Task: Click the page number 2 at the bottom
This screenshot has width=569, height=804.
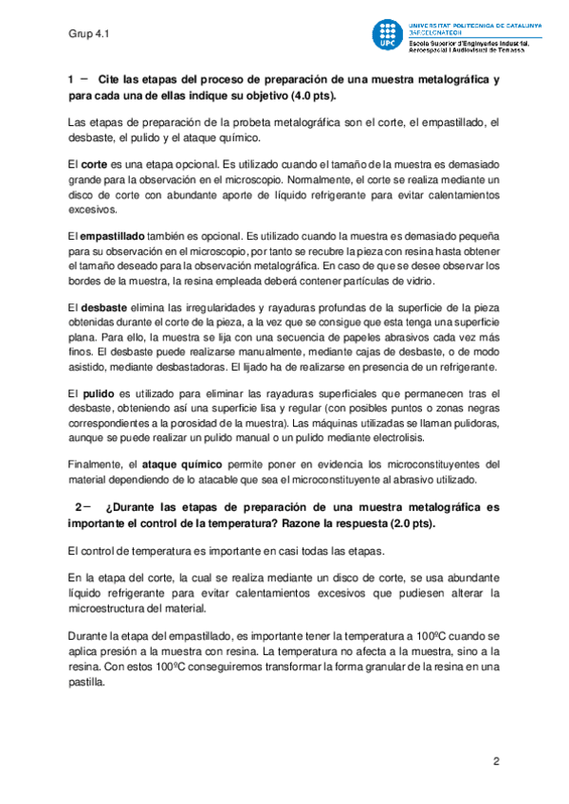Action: click(495, 762)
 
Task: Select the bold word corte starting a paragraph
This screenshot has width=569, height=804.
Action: click(93, 163)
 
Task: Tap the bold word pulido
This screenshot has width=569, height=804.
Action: click(99, 393)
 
